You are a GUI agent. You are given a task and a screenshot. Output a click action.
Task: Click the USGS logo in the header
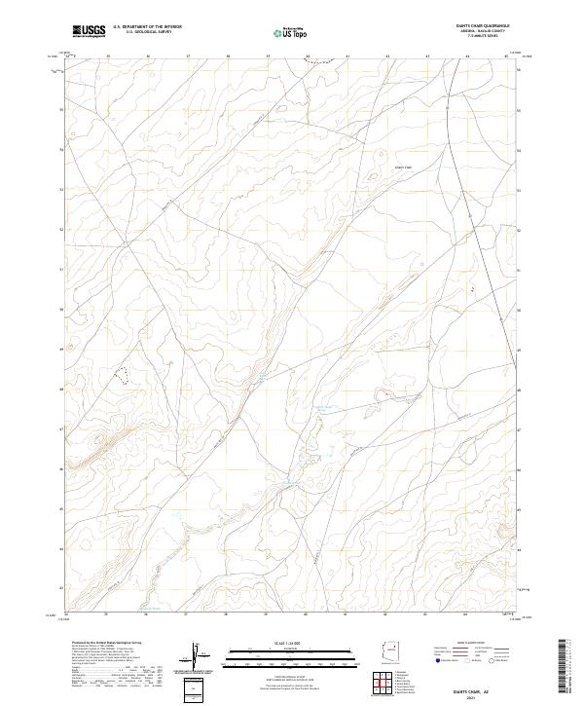89,31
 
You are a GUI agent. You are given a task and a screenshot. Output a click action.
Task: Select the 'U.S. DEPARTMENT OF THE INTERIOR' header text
147,27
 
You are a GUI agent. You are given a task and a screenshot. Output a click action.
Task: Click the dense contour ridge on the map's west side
97,448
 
